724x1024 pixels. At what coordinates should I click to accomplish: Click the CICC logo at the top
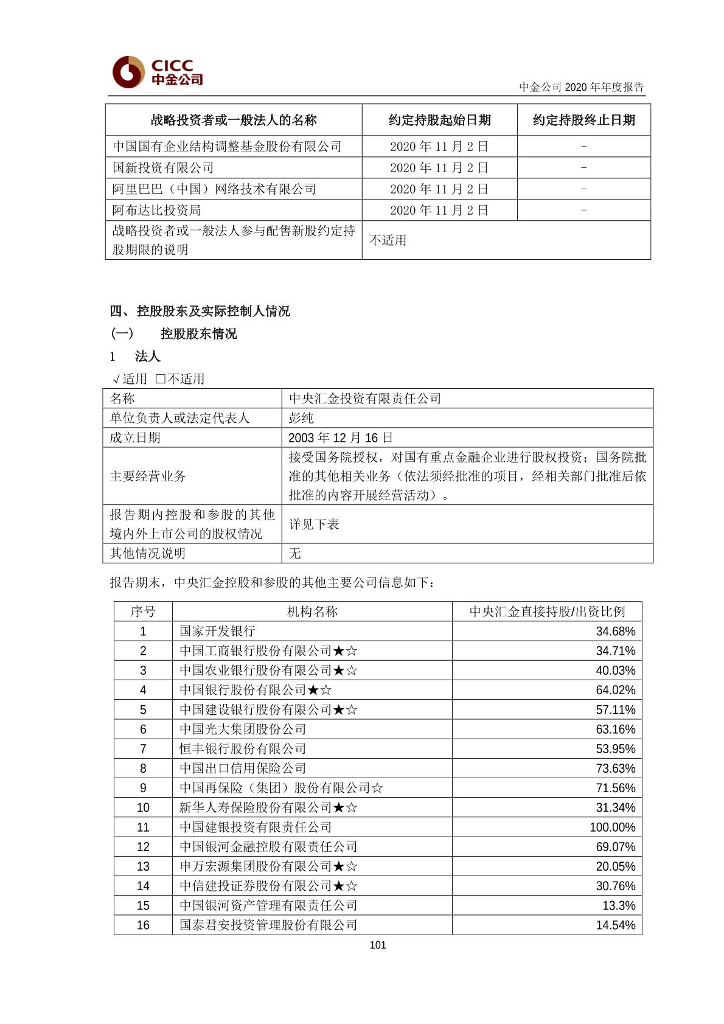pos(158,72)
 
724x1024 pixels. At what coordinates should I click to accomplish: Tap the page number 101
pos(377,945)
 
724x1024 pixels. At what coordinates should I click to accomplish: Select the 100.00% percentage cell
pos(612,827)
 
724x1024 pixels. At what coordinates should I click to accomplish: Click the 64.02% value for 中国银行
pos(615,690)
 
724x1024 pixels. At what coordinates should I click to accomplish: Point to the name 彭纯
pos(301,418)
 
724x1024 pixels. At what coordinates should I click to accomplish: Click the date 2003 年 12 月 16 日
pos(340,437)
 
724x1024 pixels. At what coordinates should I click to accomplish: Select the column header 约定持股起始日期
pos(439,120)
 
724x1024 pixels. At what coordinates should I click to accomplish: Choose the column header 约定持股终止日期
pos(583,120)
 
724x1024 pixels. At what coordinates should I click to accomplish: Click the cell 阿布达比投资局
pos(157,211)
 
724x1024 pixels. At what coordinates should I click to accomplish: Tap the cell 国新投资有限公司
pos(163,168)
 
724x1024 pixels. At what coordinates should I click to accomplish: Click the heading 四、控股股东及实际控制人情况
pos(200,312)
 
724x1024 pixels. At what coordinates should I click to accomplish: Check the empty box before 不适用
pos(161,378)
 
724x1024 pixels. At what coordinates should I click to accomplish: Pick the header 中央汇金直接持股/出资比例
pos(547,611)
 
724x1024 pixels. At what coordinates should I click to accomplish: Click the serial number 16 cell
pos(143,925)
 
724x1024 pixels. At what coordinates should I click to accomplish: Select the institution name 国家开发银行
pos(217,632)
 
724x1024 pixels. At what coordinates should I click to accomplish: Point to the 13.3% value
pos(619,906)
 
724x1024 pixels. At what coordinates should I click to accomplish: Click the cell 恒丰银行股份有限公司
pos(243,749)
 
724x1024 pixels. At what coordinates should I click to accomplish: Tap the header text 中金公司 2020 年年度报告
pos(581,87)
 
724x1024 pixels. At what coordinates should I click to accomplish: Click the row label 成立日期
pos(135,437)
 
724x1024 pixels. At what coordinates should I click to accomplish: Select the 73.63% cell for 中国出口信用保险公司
pos(615,768)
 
